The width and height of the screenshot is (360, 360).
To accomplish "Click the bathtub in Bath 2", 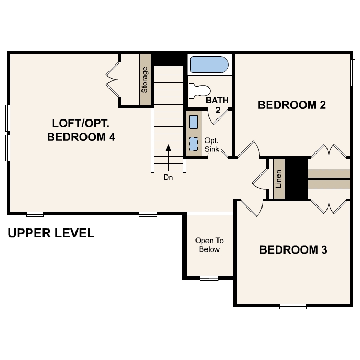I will point(209,66).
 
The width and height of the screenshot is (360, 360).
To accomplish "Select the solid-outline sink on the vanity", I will point(193,122).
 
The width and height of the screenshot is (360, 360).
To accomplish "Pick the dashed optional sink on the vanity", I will point(193,143).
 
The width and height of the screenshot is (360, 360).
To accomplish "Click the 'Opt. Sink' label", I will point(211,145).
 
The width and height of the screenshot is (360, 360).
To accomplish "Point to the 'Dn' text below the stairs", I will point(168,177).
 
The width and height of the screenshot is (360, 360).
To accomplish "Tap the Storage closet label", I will point(145,80).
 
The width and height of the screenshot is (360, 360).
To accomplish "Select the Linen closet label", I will point(279,179).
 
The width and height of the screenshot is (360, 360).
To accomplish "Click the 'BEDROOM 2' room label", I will point(292,105).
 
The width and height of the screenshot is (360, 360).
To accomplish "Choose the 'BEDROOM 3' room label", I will point(293,250).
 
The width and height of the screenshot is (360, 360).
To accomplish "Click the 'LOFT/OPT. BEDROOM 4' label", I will point(81,130).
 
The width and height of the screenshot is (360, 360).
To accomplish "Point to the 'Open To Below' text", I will point(209,245).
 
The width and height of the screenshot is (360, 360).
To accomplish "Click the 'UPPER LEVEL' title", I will point(51,233).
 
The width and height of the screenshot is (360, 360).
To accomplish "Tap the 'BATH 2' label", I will point(217,105).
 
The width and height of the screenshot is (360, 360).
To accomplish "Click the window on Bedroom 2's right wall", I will point(353,73).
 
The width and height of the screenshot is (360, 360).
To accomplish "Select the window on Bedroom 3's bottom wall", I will point(292,306).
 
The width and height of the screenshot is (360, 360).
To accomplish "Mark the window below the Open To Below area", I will point(209,278).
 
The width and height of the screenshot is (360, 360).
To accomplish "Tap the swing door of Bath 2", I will point(216,116).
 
